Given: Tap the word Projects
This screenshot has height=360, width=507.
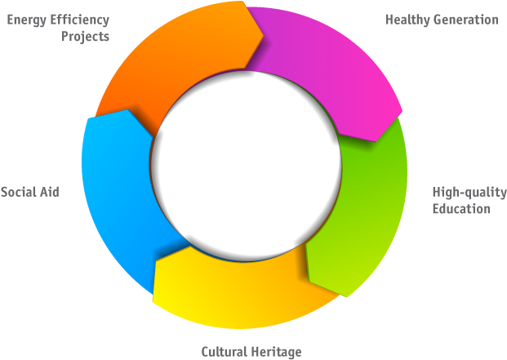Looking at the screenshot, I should pos(86,37).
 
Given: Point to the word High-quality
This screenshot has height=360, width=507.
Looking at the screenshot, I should pos(469,193).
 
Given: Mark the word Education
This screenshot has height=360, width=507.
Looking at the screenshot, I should pos(461,209).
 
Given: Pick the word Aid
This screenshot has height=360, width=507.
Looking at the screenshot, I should pos(51,192).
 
